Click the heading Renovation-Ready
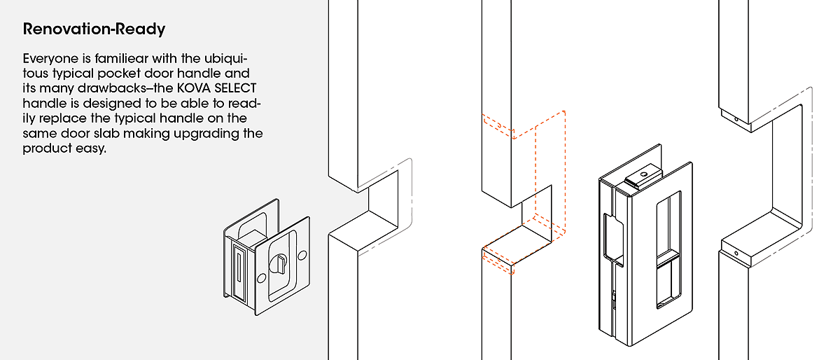point(94,29)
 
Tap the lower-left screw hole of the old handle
point(261,278)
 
